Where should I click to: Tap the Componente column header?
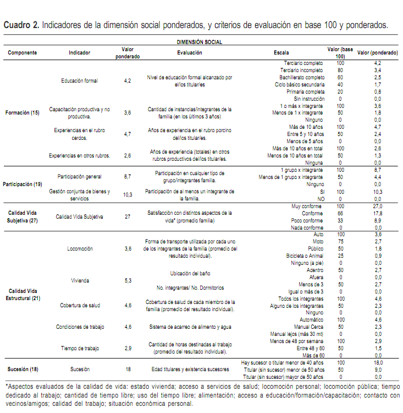(x=23, y=53)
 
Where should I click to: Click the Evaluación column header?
(x=190, y=53)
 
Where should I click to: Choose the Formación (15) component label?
(x=23, y=112)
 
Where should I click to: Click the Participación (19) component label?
(x=23, y=183)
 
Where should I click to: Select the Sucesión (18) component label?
(x=23, y=369)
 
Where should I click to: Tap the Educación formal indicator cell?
(x=80, y=81)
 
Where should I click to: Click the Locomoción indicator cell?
(x=80, y=248)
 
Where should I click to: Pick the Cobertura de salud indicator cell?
(x=80, y=305)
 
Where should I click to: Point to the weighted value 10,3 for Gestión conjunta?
(x=128, y=194)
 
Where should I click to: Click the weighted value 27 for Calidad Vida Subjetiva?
(x=128, y=216)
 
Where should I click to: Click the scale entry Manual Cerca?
(x=310, y=327)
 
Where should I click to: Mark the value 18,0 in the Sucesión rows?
(x=378, y=363)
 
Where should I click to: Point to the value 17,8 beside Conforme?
(x=378, y=213)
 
